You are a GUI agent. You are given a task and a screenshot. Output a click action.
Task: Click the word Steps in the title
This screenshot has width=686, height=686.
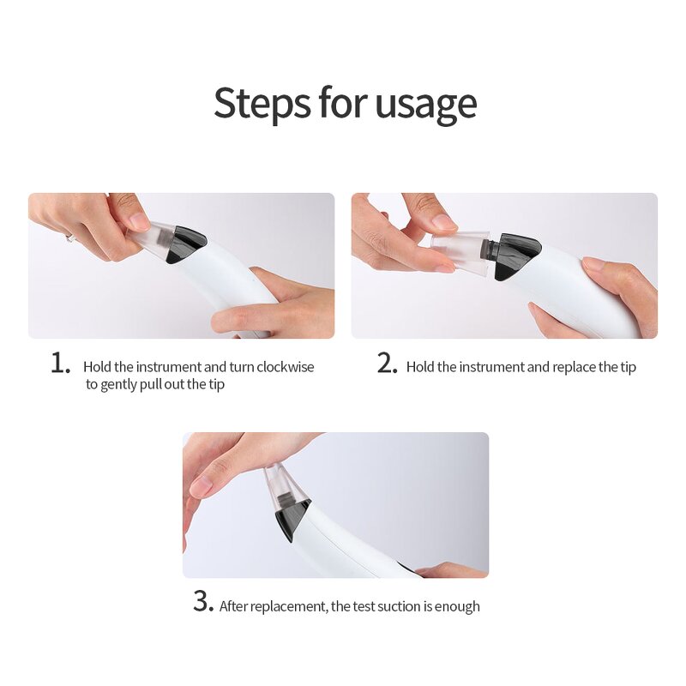(261, 103)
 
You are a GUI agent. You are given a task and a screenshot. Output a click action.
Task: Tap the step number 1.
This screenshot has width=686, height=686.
(60, 364)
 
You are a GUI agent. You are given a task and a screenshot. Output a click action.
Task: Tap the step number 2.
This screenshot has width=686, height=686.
(388, 364)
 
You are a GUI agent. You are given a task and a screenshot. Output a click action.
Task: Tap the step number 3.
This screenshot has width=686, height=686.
(202, 602)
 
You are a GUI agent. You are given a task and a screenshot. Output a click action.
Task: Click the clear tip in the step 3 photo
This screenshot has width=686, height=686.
(286, 484)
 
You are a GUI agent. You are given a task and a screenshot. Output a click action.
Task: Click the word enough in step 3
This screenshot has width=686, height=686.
(458, 606)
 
